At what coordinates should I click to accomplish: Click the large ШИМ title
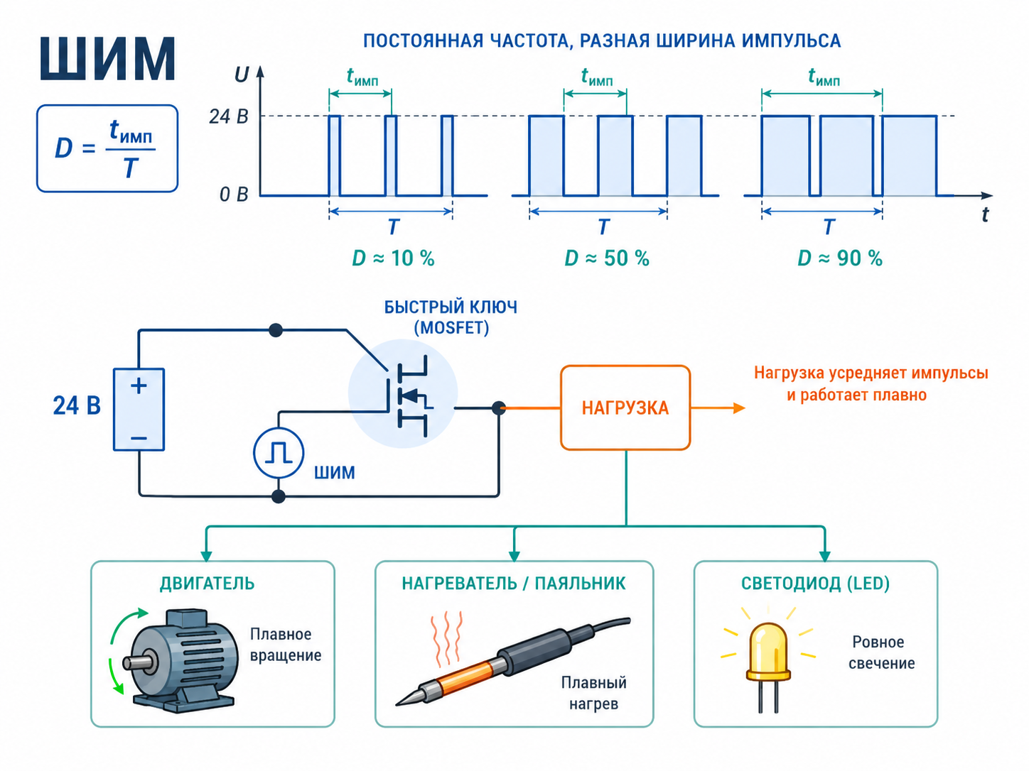point(107,59)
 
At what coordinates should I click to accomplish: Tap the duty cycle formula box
point(107,148)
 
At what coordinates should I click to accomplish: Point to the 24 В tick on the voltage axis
point(228,116)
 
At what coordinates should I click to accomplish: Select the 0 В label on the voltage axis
point(234,195)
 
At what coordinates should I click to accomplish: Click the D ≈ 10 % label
point(393,258)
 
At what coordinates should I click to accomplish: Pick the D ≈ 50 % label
point(607,258)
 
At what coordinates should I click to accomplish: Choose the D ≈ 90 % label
point(839,258)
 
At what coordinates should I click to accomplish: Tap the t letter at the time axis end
point(985,215)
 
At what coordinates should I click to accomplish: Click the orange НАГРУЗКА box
point(625,408)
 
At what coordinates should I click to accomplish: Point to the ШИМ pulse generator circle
point(279,453)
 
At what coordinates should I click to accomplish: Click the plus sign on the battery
point(139,386)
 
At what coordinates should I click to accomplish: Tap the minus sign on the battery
point(139,438)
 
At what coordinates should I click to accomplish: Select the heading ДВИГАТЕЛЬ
point(208,584)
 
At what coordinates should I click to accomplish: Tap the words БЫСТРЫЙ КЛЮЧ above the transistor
point(451,307)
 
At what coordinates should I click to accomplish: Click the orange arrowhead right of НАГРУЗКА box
point(739,408)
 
